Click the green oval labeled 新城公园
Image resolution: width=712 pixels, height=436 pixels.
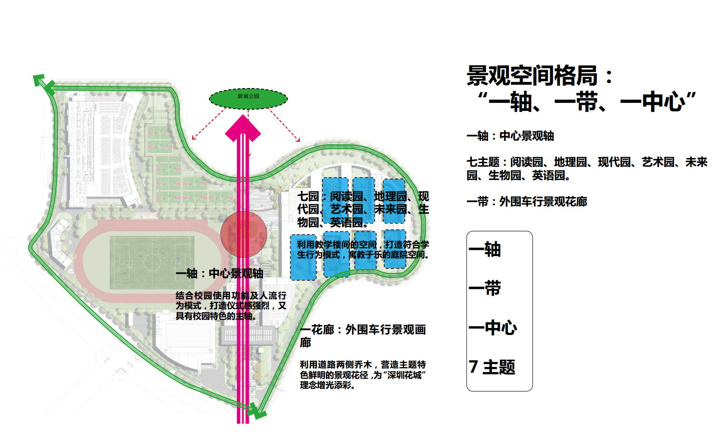(x=248, y=99)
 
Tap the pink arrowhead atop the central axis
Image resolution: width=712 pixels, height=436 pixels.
(x=243, y=129)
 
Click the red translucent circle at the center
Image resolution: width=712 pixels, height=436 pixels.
(x=243, y=234)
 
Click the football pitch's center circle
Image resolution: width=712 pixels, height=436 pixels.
(x=152, y=262)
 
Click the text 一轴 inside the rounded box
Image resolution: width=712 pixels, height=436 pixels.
(x=485, y=249)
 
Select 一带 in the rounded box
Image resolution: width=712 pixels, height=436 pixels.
(x=485, y=288)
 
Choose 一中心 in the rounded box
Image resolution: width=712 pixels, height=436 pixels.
(x=493, y=327)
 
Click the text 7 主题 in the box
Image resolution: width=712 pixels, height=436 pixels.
(x=492, y=367)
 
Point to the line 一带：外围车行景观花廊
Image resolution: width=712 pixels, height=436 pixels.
(x=527, y=202)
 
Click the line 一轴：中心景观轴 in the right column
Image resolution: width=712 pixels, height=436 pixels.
(x=510, y=136)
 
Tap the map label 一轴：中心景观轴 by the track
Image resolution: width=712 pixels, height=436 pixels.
(x=219, y=274)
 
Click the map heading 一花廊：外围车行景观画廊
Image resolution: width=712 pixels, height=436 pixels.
(x=362, y=335)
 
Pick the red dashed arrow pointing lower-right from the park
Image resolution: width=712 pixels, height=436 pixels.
(x=284, y=125)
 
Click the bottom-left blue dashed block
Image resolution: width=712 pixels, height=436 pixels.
(x=303, y=257)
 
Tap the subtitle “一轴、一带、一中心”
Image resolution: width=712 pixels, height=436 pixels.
(x=587, y=102)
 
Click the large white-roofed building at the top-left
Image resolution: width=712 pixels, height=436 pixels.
(x=102, y=150)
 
